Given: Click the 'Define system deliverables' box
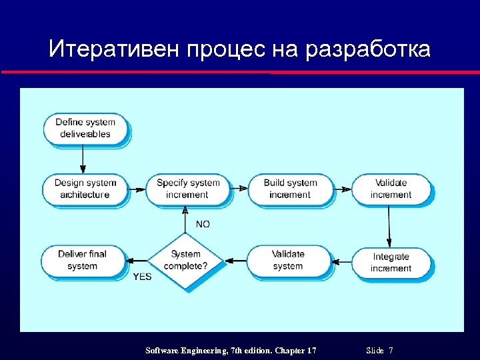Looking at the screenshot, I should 85,128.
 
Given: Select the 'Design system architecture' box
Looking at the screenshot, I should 85,189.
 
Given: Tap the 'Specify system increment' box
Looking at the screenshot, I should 187,189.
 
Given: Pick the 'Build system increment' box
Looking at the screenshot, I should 290,189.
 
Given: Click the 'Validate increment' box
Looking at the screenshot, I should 391,189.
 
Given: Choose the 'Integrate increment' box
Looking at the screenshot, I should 391,262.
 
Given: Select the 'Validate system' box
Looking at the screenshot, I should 288,260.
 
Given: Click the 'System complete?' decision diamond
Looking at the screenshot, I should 186,259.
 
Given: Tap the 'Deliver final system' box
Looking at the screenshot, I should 83,260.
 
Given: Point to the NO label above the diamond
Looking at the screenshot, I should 203,225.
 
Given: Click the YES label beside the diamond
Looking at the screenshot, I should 142,277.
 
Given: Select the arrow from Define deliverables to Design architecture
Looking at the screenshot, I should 83,159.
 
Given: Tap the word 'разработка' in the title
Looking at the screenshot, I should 368,49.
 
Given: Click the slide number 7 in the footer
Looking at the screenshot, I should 391,351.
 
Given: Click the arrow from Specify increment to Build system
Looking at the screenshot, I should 239,189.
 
